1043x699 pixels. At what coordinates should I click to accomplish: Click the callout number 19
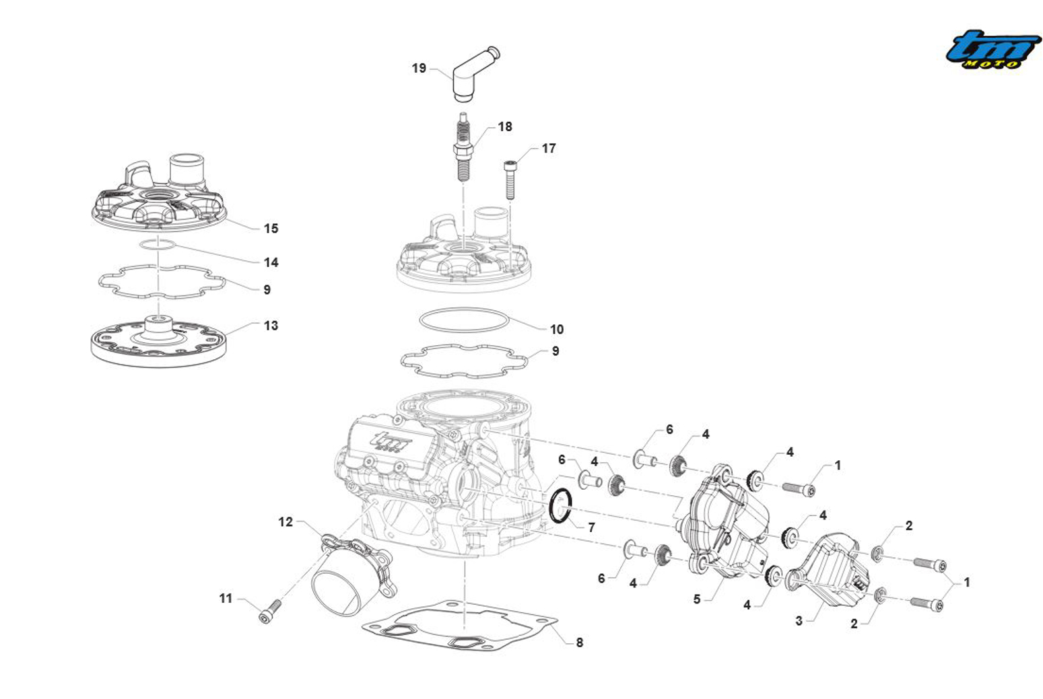coord(419,68)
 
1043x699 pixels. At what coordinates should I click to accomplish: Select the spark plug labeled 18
coord(462,147)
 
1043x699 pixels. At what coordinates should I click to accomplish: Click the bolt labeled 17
coord(510,178)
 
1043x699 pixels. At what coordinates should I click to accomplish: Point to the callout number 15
coord(271,229)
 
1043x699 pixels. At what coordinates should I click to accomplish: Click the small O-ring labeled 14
coord(158,245)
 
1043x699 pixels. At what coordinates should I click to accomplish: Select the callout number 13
coord(271,326)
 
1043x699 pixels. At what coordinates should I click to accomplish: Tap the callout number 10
coord(556,330)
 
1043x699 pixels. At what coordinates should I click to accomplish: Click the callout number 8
coord(579,642)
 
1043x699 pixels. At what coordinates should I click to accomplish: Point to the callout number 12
coord(285,522)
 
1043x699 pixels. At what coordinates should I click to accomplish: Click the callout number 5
coord(697,599)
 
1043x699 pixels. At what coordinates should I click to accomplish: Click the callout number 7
coord(591,527)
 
